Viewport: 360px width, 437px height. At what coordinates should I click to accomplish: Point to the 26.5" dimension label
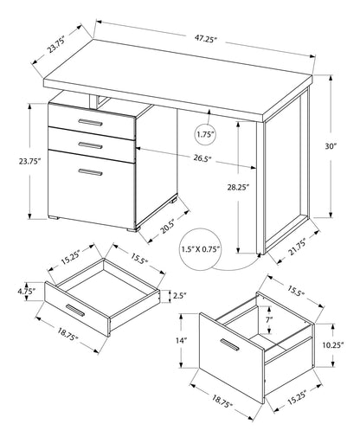pos(205,158)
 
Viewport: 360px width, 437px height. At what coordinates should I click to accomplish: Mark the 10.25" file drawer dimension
pos(341,344)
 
